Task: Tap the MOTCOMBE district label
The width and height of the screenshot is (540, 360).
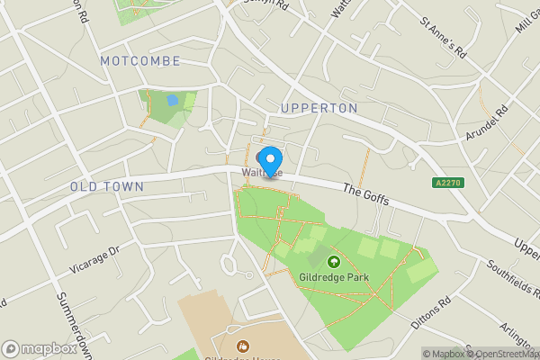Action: (x=140, y=60)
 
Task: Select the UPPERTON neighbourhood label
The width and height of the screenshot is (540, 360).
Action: (x=319, y=108)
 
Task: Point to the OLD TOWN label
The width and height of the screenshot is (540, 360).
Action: (x=107, y=186)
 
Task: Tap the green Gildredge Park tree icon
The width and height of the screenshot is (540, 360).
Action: (x=335, y=262)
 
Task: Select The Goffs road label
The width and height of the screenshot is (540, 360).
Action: (x=366, y=194)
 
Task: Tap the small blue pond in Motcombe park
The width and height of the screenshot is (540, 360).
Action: (x=172, y=100)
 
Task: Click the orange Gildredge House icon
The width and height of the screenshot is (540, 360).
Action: (x=241, y=346)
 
